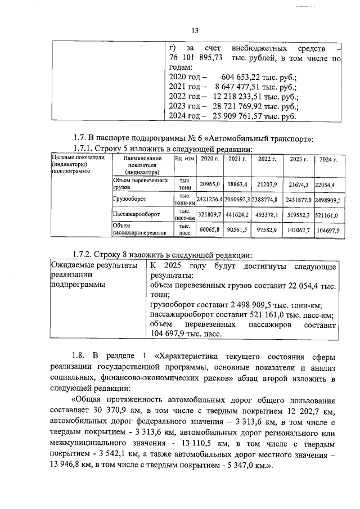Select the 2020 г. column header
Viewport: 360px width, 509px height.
click(x=211, y=160)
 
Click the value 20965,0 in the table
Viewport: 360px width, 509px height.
click(x=211, y=184)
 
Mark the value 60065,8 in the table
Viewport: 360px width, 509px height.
click(x=211, y=229)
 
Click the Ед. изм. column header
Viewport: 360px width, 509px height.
click(x=185, y=160)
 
